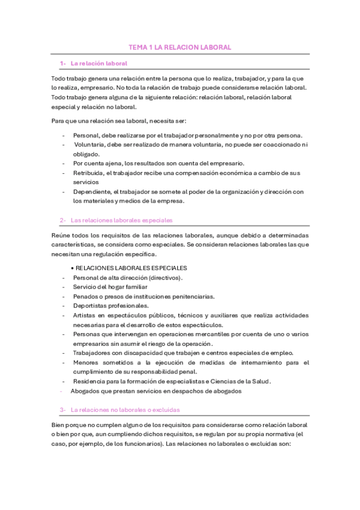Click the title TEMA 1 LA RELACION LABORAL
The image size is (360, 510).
tap(180, 47)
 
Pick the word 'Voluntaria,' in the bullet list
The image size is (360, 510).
tap(90, 144)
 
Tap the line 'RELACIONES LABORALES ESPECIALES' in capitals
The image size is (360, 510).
tap(130, 268)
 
